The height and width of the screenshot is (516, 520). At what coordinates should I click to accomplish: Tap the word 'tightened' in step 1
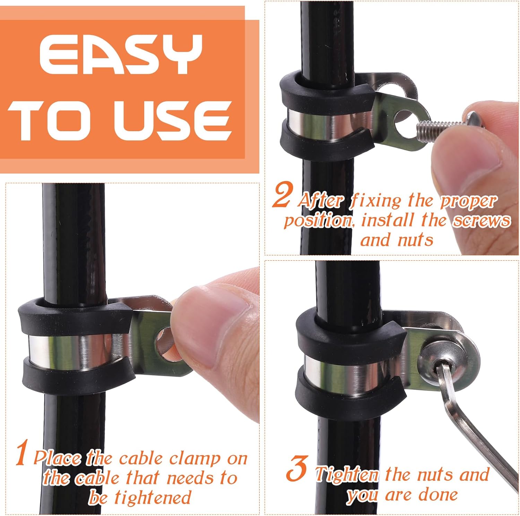point(153,498)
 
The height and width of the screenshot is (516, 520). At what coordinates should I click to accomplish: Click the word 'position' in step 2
point(317,221)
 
